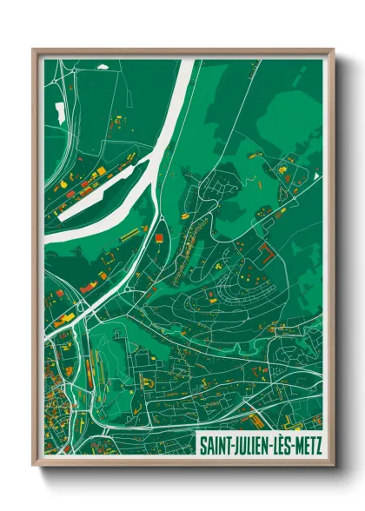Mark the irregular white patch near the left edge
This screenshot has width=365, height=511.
coord(59,112)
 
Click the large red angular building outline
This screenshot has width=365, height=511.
coord(267,253)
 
